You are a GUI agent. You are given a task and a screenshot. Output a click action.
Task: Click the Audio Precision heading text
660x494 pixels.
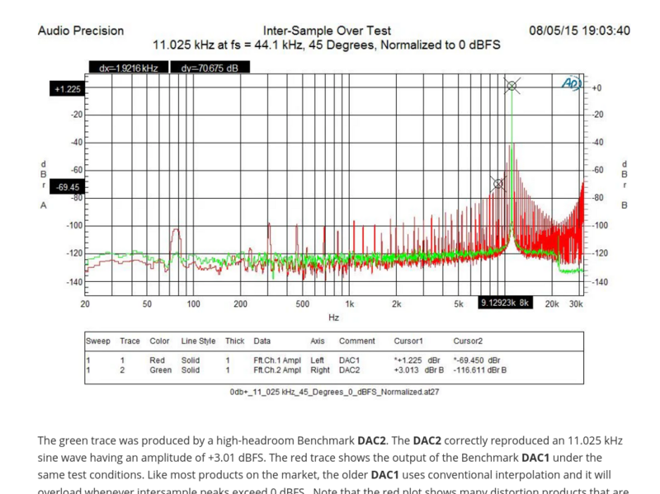81,31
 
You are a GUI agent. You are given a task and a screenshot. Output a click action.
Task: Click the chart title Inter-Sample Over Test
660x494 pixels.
327,31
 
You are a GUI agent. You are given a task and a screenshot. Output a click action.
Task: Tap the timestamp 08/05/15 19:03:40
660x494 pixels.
579,31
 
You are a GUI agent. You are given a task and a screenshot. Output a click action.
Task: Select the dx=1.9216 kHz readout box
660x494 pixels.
128,68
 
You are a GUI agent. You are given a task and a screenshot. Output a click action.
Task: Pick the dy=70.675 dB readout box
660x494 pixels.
209,68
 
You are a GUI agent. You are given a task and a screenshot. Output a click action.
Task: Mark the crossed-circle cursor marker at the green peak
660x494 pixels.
511,86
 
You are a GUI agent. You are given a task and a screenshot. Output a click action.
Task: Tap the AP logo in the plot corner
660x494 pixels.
571,84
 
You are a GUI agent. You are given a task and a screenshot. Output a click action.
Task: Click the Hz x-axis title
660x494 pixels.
333,317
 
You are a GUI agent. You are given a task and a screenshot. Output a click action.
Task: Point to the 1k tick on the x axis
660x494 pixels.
349,303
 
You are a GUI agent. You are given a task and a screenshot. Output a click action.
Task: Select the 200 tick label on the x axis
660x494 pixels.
240,303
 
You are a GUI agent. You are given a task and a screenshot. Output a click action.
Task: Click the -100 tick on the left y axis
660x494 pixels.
74,225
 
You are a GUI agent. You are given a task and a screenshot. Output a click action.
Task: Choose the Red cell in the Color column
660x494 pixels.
157,360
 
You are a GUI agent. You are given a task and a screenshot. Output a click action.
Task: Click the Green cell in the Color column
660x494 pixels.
160,370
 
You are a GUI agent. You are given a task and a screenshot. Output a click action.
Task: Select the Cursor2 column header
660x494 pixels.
468,341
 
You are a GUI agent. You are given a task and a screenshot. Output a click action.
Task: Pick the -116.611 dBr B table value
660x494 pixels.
479,370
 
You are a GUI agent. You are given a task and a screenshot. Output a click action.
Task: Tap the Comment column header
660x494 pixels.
356,341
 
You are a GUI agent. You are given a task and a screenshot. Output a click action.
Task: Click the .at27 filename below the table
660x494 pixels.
334,392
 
